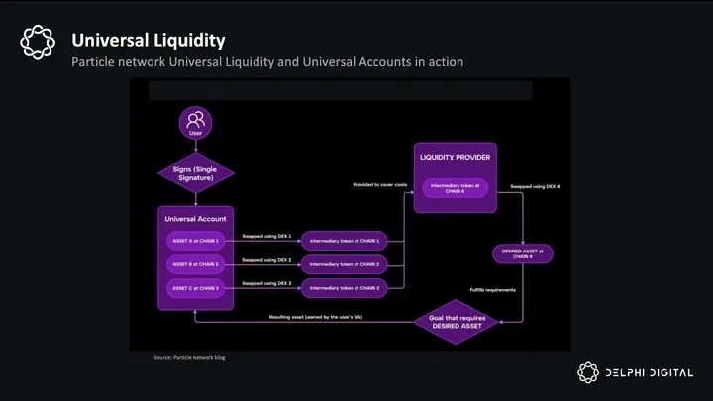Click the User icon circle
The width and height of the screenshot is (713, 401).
tap(194, 124)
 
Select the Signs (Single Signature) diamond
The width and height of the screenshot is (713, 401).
tap(194, 175)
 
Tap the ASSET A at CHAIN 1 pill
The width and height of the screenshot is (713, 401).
tap(195, 241)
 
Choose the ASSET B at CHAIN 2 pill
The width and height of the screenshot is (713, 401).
tap(195, 264)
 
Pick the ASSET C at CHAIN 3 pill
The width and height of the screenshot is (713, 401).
tap(195, 288)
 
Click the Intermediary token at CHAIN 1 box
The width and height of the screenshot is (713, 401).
tap(344, 241)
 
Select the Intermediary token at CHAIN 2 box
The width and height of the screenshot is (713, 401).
tap(344, 264)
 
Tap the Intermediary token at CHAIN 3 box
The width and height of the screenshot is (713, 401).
tap(344, 288)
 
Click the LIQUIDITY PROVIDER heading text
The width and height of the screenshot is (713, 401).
tap(456, 158)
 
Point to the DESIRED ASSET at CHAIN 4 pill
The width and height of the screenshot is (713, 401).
tap(523, 253)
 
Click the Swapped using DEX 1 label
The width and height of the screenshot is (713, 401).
tap(265, 237)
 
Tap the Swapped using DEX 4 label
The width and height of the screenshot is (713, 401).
tap(535, 186)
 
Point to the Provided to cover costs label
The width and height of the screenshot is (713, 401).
tap(380, 185)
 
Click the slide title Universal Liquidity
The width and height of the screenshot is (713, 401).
tap(148, 41)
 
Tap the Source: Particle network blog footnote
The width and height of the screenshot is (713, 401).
tap(189, 357)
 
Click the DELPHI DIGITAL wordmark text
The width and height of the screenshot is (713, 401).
tap(649, 373)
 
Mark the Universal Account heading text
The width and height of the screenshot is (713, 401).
tap(194, 219)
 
